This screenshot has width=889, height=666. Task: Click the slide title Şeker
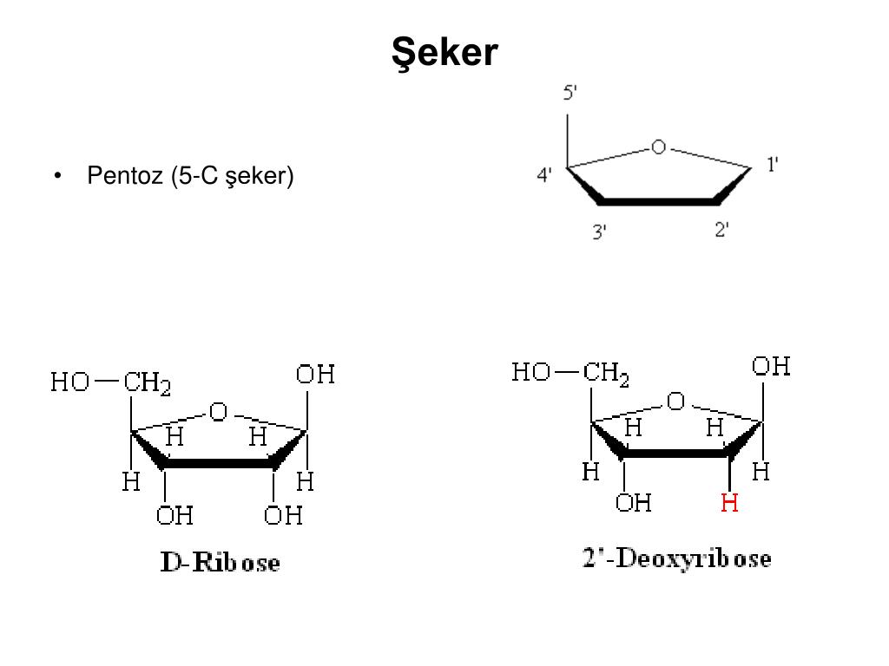coord(444,53)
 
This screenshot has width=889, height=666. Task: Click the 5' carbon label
coord(570,92)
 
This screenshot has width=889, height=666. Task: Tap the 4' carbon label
coord(543,175)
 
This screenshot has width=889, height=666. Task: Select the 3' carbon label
coord(599,232)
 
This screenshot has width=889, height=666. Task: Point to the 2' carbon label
coord(721,230)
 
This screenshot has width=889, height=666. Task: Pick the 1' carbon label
coord(772,165)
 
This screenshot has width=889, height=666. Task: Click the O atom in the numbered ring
coord(658,147)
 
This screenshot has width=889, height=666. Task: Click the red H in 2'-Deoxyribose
coord(729,503)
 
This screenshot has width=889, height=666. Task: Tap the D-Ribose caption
coord(220,562)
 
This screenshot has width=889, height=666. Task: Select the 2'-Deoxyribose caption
coord(676,558)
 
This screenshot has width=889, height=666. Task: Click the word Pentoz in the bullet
coord(125,175)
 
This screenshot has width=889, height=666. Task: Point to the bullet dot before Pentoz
coord(57,176)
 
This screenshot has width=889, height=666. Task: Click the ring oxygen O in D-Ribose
coord(218,412)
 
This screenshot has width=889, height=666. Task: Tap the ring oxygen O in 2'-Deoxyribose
coord(675,402)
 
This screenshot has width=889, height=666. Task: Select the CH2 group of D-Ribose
coord(147,383)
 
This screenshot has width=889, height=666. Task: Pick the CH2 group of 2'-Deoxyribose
coord(605,374)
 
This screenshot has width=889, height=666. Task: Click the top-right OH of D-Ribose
coord(315,375)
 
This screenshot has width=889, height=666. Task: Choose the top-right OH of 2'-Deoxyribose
coord(771,367)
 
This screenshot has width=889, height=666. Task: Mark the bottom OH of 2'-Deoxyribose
coord(633,503)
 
